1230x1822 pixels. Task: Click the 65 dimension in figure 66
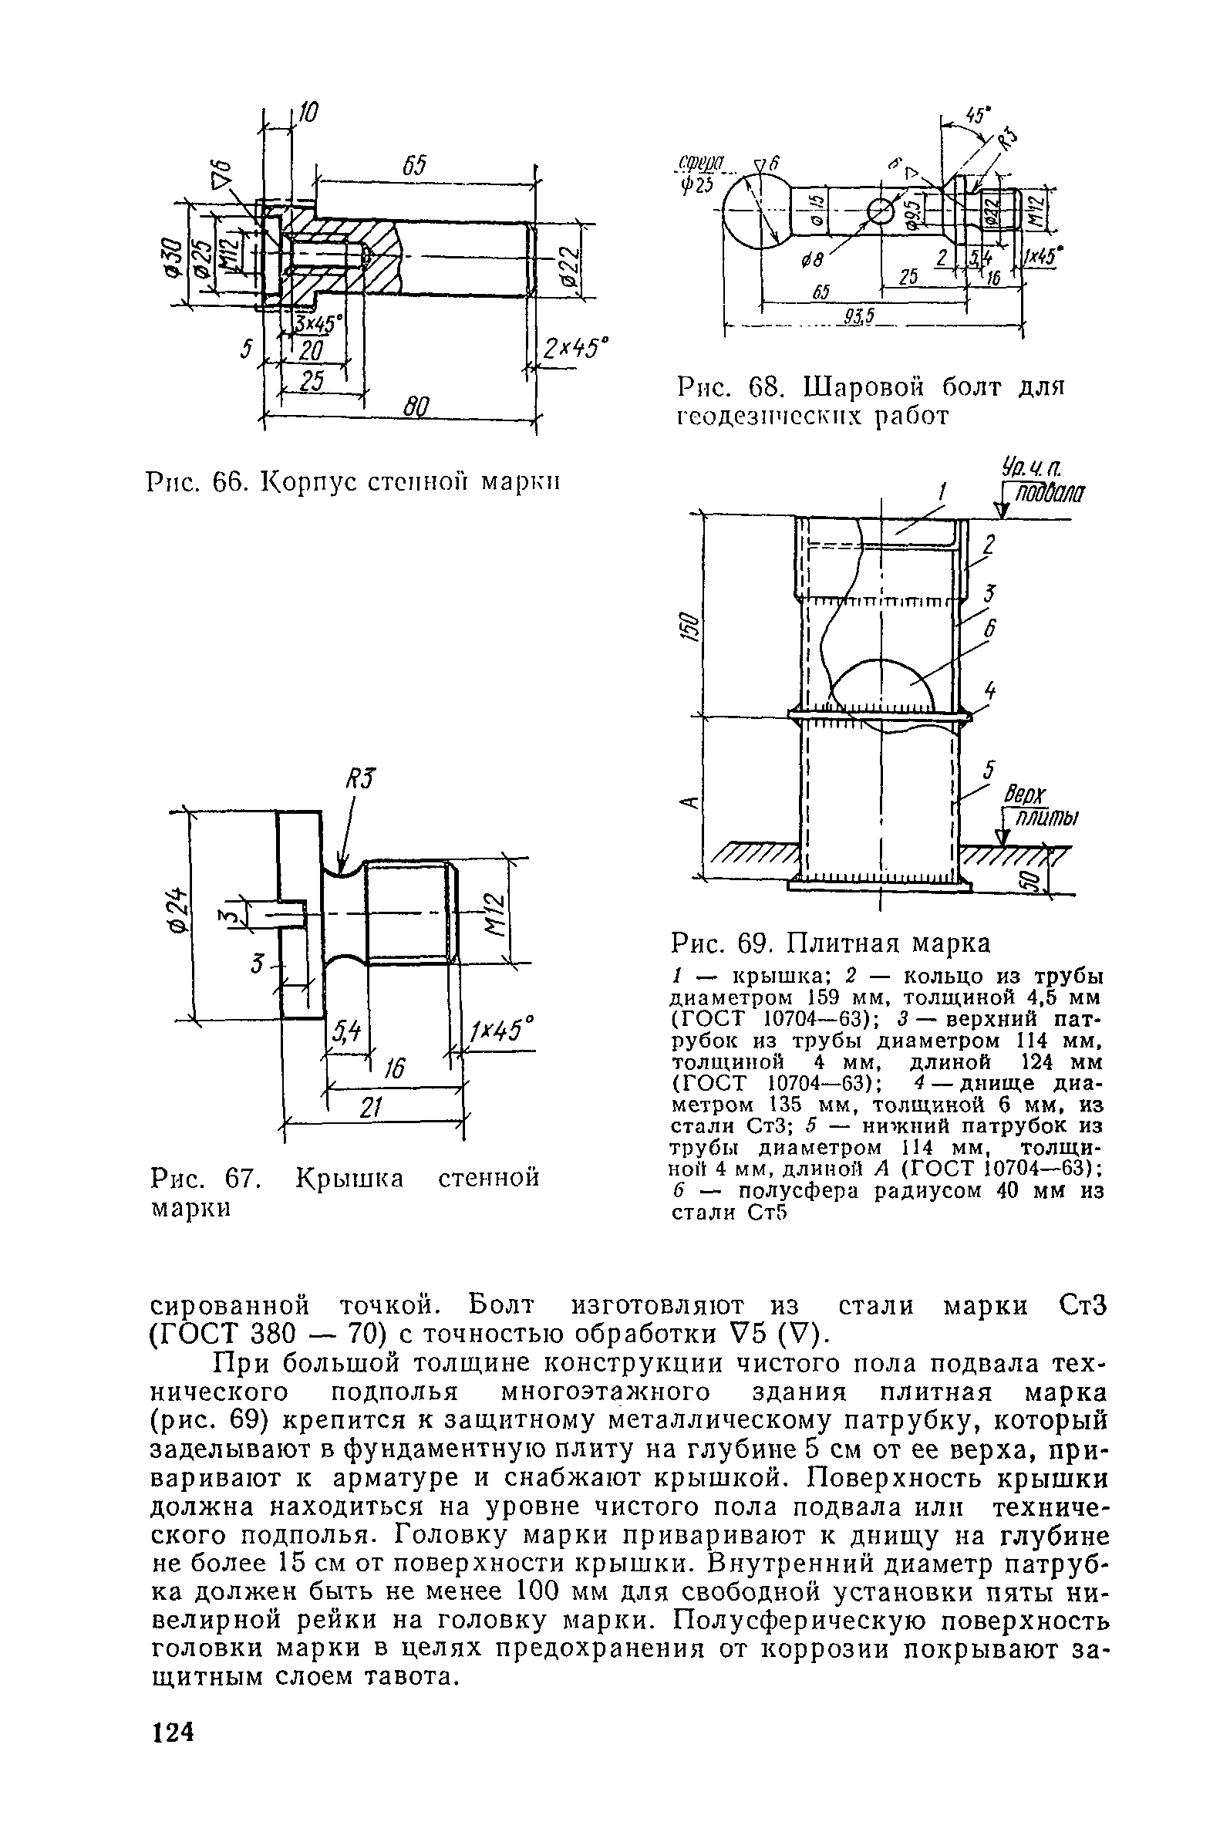click(414, 167)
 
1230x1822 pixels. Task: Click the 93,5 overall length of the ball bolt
click(860, 315)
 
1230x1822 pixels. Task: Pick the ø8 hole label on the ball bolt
click(813, 261)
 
